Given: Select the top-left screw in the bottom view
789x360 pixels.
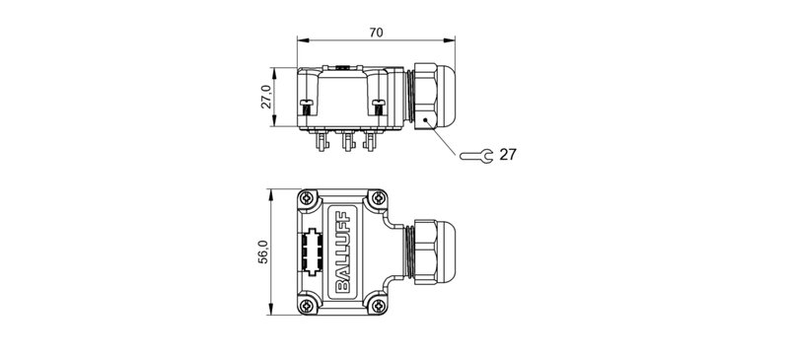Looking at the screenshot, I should pyautogui.click(x=308, y=197).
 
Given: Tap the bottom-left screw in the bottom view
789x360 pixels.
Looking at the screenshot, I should pyautogui.click(x=308, y=307).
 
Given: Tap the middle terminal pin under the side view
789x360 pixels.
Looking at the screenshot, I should pyautogui.click(x=346, y=144).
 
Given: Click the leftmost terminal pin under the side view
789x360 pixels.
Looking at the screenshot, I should pyautogui.click(x=322, y=144).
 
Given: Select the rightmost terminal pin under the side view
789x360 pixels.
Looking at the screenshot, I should pyautogui.click(x=370, y=144).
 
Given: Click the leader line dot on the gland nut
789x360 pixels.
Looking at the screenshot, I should pyautogui.click(x=426, y=118).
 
